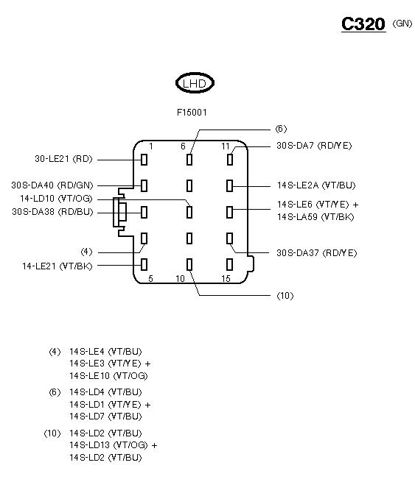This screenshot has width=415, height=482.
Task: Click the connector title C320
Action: tap(363, 24)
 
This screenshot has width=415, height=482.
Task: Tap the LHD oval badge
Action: tap(195, 83)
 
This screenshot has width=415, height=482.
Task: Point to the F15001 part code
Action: tap(192, 113)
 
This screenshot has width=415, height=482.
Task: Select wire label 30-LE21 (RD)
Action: tap(63, 159)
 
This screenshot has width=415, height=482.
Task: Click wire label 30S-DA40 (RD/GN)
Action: tap(52, 185)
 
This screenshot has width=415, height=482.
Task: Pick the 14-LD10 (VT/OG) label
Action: tap(56, 199)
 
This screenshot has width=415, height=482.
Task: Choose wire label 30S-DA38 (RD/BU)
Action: tap(52, 212)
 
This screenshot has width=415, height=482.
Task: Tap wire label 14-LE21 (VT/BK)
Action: tap(57, 266)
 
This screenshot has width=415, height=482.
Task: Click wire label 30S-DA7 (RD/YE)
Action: tap(314, 146)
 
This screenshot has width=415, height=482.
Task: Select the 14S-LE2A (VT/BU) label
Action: tap(316, 185)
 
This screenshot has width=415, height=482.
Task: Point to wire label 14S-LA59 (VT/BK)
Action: tap(315, 216)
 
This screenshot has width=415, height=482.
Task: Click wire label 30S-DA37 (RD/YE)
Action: tap(316, 253)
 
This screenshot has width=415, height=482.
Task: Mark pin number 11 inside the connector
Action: tap(226, 146)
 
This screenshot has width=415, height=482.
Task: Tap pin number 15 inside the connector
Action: tap(226, 278)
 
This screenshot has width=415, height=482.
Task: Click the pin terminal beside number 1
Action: tap(144, 160)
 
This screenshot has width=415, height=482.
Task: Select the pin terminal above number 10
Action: tap(189, 264)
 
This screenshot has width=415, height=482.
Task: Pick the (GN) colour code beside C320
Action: tap(402, 24)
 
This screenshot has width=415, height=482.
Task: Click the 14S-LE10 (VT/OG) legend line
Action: tap(108, 376)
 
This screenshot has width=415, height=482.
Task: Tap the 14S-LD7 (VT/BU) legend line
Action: tap(105, 417)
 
